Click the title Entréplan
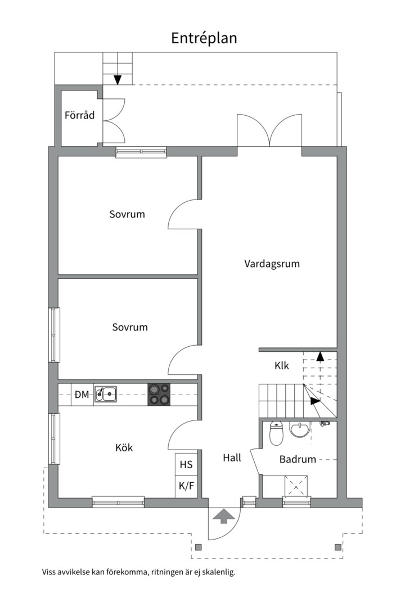204,38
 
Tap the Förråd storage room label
79,115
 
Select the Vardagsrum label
272,264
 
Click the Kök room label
124,447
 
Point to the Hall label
232,458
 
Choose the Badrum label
298,460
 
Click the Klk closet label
282,365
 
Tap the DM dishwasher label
82,395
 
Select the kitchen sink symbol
106,395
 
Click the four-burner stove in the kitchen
159,395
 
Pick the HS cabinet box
186,465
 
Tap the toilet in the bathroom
276,433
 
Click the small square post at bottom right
338,547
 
